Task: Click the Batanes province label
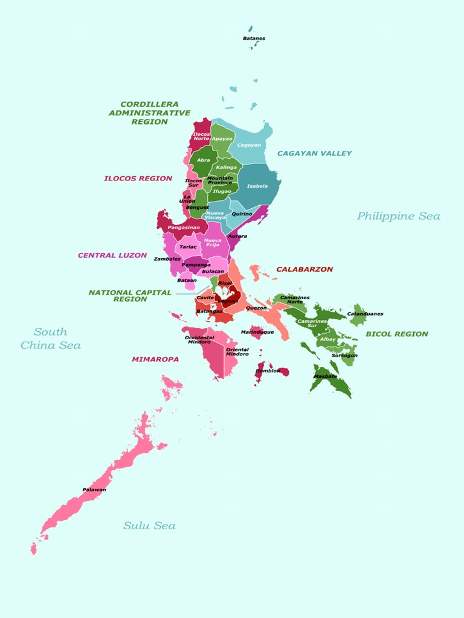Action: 254,38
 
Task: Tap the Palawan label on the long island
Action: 94,489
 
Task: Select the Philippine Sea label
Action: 398,216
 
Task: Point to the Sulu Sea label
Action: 149,526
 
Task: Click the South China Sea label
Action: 51,339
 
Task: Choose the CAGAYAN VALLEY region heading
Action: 314,153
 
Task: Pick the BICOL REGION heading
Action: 396,334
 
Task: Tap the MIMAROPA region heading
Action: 155,359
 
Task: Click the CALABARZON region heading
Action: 304,269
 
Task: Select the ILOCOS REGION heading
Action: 138,179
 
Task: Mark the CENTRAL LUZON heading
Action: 112,255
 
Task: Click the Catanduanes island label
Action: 365,314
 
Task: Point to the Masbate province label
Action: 326,376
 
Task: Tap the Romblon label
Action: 268,371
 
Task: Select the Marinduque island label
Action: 257,332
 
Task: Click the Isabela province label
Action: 257,186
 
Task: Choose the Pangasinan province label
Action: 184,228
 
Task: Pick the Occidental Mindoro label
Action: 199,340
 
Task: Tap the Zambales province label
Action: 167,259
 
